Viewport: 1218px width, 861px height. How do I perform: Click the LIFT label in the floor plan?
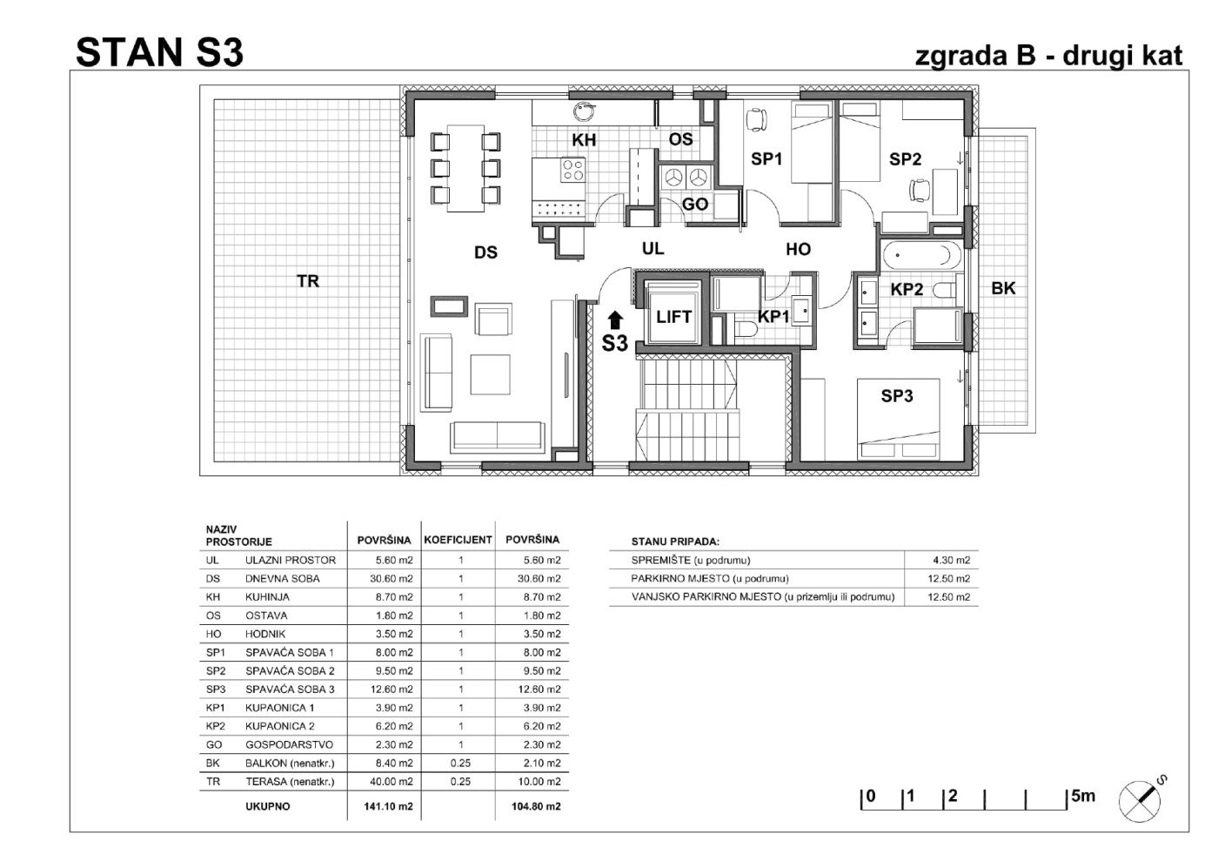[673, 317]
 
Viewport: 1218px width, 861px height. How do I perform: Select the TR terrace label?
[308, 281]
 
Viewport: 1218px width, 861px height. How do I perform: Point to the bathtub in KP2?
[921, 255]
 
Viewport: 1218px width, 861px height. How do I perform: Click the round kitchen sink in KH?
[583, 111]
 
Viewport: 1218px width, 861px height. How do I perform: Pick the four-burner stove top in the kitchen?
[572, 169]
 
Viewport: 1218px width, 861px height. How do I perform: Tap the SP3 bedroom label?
[897, 395]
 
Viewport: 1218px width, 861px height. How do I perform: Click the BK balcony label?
[1003, 288]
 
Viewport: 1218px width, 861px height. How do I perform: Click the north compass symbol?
[1141, 799]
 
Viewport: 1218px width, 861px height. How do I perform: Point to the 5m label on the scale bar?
[1082, 796]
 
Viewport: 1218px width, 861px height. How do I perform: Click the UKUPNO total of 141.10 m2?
[388, 806]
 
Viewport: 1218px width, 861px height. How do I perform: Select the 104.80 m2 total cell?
[536, 806]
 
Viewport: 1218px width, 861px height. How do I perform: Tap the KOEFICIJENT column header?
[458, 540]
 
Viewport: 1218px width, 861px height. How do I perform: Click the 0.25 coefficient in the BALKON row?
[460, 763]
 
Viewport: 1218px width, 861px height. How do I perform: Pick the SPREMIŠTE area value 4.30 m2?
[951, 560]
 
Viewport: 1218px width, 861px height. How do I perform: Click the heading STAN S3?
[159, 53]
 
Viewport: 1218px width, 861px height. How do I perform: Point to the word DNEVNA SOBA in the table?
[282, 579]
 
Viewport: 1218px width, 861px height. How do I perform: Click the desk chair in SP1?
[756, 119]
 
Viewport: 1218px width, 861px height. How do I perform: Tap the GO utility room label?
[695, 204]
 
